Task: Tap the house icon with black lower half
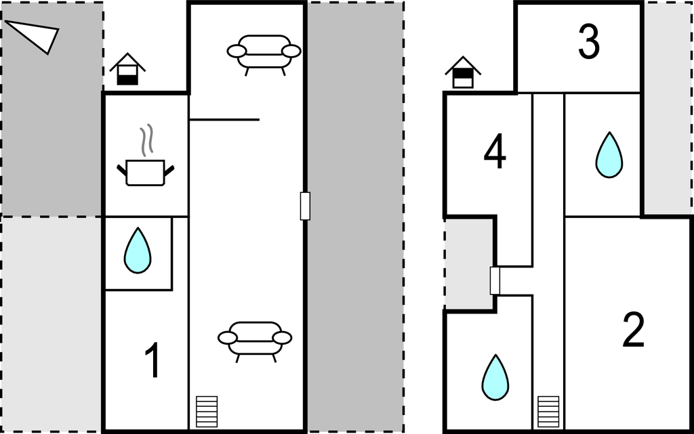[127, 69]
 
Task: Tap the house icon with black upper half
[463, 72]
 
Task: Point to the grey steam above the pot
[146, 140]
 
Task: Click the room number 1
[152, 360]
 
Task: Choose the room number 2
[634, 330]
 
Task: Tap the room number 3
[589, 41]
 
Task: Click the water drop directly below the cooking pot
[138, 251]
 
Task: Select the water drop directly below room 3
[609, 155]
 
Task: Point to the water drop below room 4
[495, 377]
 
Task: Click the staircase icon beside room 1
[207, 412]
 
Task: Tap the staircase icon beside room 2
[548, 412]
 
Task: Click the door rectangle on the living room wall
[305, 206]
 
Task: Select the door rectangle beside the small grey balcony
[495, 280]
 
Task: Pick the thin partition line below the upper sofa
[224, 119]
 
